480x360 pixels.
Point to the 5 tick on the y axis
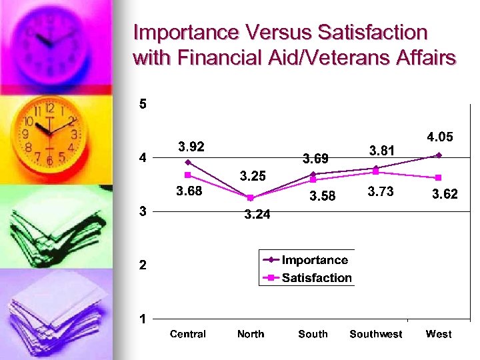pyautogui.click(x=143, y=105)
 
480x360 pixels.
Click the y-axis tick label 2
pyautogui.click(x=143, y=265)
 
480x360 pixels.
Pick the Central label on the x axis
pyautogui.click(x=188, y=334)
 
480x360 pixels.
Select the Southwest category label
pyautogui.click(x=376, y=334)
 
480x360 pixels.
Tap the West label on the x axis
pyautogui.click(x=438, y=334)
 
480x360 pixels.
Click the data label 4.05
pyautogui.click(x=440, y=137)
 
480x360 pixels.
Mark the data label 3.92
pyautogui.click(x=191, y=147)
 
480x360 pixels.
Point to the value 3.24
pyautogui.click(x=257, y=215)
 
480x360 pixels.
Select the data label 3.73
pyautogui.click(x=381, y=192)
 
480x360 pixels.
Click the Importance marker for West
pyautogui.click(x=438, y=155)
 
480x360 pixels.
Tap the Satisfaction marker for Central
pyautogui.click(x=188, y=175)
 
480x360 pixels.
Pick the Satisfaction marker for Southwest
pyautogui.click(x=376, y=172)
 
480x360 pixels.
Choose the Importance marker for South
pyautogui.click(x=313, y=174)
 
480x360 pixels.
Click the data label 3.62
pyautogui.click(x=445, y=195)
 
